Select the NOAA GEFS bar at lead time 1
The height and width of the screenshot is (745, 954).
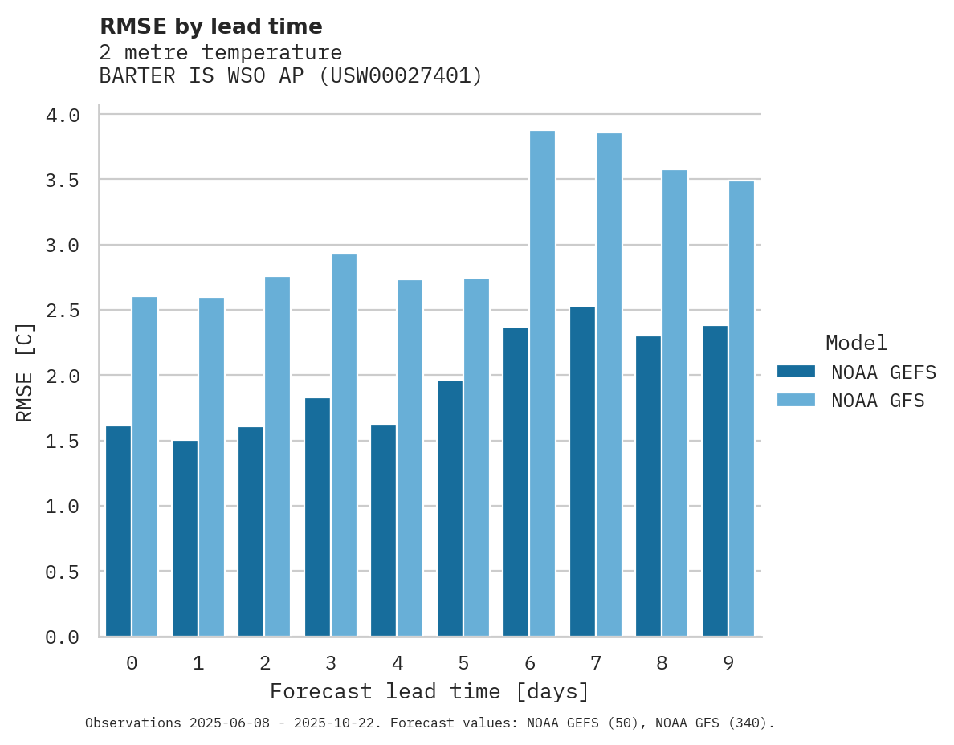[185, 538]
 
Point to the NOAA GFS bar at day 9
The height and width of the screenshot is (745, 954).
[741, 409]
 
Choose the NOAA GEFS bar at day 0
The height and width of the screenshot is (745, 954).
[118, 531]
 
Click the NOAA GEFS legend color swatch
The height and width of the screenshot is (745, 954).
[796, 372]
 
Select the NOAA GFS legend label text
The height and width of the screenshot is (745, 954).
[878, 401]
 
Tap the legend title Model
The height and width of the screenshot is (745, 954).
[856, 343]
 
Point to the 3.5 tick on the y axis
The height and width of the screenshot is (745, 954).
[63, 180]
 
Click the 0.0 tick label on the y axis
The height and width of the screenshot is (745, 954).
[63, 637]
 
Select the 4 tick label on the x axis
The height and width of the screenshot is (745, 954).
[397, 663]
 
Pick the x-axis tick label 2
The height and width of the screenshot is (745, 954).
[264, 663]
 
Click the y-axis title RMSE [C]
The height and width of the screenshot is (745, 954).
[25, 372]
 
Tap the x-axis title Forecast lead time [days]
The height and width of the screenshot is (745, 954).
[430, 691]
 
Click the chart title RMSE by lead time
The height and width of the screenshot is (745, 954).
[210, 26]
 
